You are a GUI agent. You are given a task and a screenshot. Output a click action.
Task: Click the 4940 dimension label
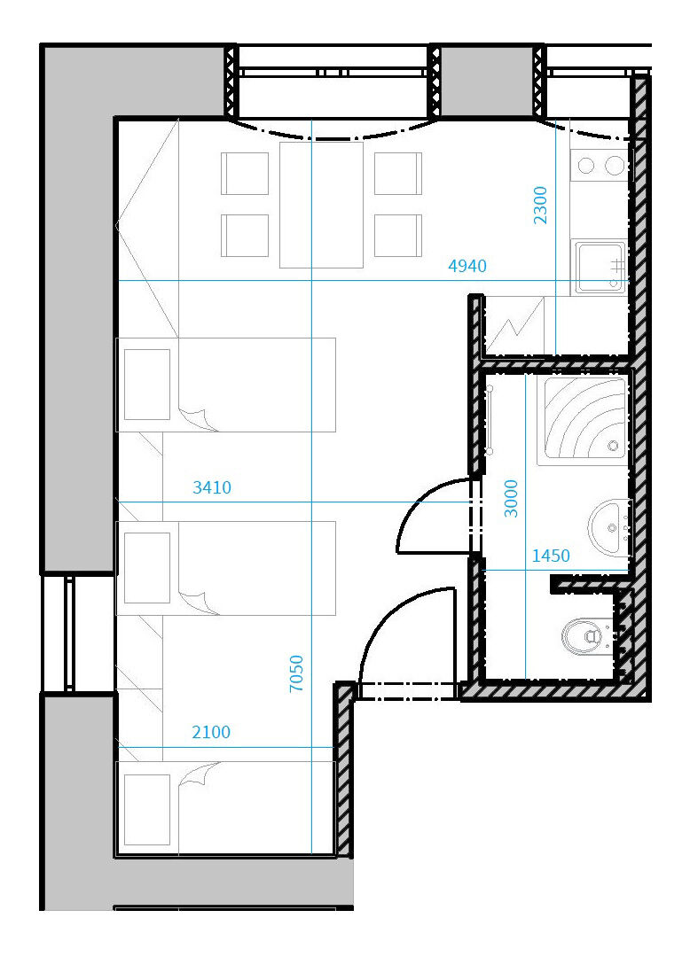click(467, 266)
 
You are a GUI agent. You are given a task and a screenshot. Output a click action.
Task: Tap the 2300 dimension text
click(540, 206)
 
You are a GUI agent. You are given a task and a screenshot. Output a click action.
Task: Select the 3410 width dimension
click(212, 487)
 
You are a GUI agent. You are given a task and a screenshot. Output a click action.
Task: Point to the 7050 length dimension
click(296, 673)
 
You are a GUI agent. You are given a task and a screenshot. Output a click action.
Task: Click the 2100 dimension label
click(211, 732)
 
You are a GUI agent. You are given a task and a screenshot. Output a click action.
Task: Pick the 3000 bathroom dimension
click(511, 499)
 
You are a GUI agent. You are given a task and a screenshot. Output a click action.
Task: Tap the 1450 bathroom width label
click(551, 556)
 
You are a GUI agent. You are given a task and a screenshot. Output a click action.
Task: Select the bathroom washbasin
click(609, 527)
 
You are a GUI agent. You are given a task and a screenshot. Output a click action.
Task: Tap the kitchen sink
click(600, 267)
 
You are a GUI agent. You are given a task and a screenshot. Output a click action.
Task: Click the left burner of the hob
click(586, 165)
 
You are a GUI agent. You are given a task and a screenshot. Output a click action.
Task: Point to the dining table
click(321, 205)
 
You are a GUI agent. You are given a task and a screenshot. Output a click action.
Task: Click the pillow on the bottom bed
click(146, 810)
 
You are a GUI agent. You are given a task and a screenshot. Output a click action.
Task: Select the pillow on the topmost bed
click(146, 385)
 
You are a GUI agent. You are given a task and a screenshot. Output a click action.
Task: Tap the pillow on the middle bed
click(146, 568)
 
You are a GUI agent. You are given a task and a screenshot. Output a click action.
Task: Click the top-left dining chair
click(245, 174)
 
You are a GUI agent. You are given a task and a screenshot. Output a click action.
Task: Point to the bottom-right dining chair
click(398, 236)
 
